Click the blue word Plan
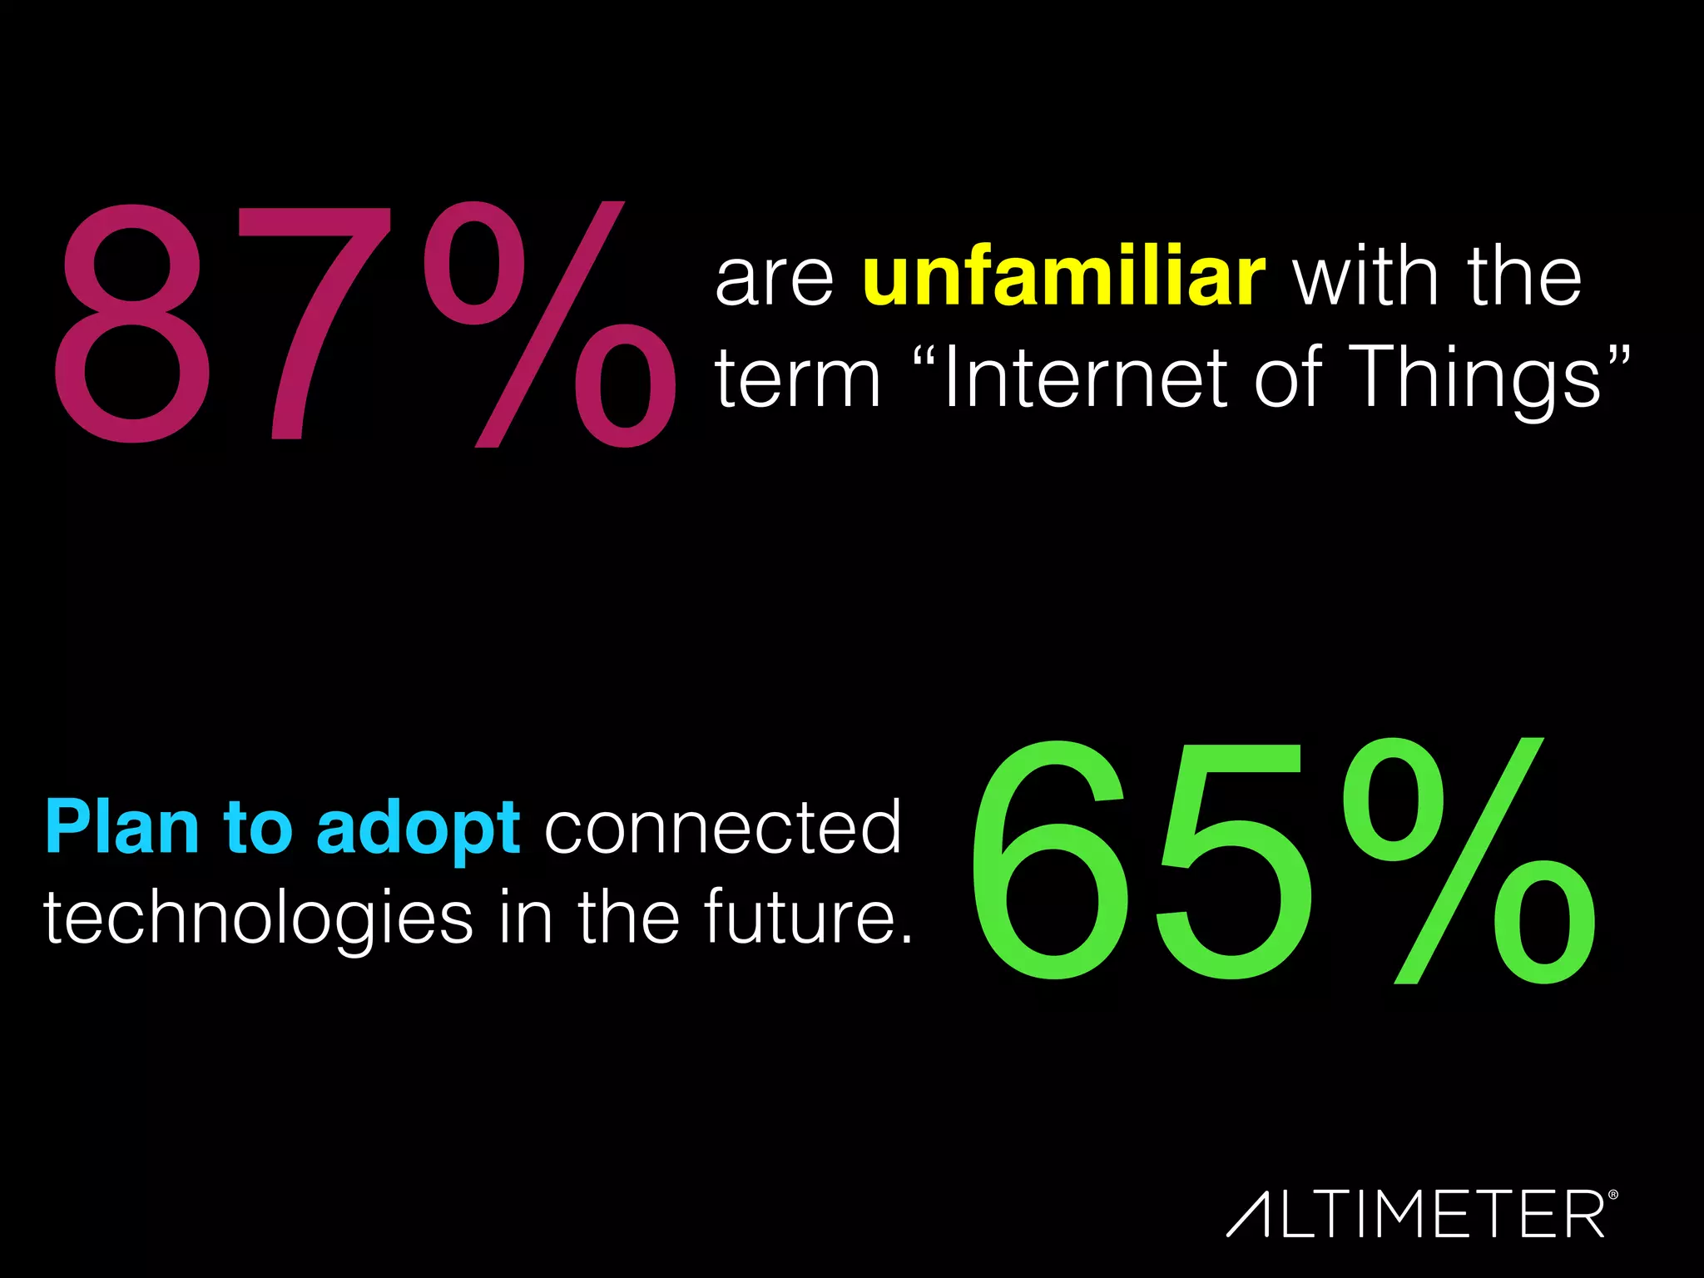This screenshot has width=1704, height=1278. pos(122,827)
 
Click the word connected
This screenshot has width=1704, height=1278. pos(723,829)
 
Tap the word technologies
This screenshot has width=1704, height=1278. pos(258,919)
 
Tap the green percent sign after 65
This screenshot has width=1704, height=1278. pos(1469,861)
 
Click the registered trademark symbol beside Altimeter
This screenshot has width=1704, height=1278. pos(1613,1196)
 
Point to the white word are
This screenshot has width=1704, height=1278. pos(774,280)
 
